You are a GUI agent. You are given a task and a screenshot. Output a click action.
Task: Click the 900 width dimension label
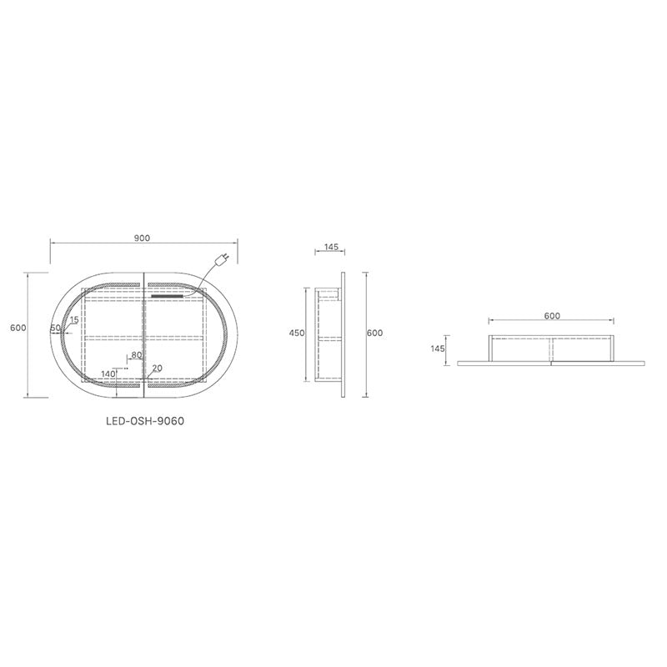tap(142, 238)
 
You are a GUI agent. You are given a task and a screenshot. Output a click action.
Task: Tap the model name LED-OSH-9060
tap(145, 421)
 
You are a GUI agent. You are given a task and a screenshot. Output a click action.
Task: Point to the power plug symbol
tap(222, 259)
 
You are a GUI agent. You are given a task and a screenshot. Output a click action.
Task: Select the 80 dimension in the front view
tap(137, 355)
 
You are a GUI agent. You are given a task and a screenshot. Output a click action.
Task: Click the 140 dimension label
tap(108, 374)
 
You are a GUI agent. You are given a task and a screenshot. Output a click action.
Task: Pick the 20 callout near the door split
tap(157, 369)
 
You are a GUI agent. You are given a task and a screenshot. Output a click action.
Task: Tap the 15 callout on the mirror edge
tap(74, 320)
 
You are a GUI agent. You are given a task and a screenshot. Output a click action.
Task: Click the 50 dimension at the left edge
tap(55, 328)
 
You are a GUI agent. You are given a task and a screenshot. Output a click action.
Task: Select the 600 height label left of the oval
tap(18, 328)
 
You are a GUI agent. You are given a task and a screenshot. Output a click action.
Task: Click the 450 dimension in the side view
tap(297, 333)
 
